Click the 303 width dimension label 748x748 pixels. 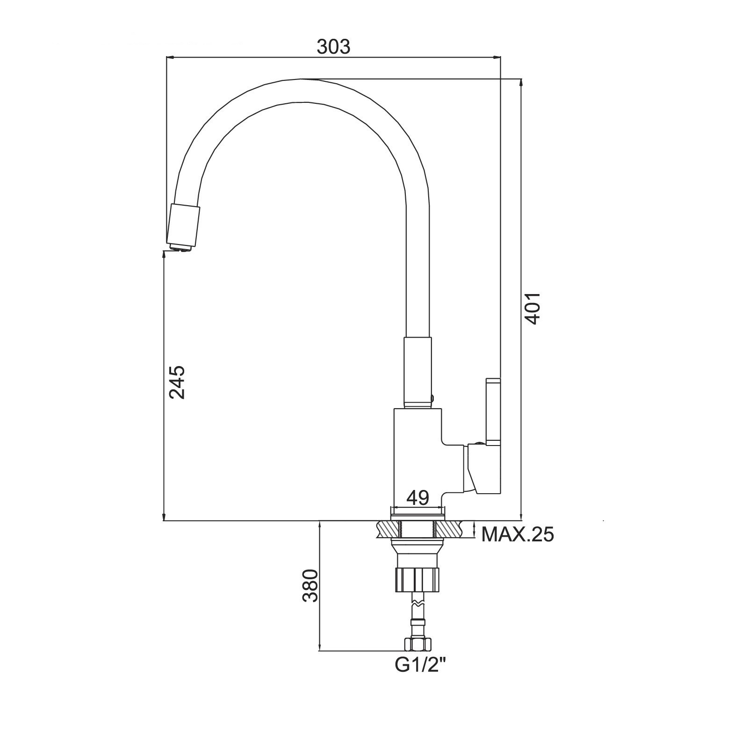click(333, 47)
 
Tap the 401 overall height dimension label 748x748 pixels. click(532, 309)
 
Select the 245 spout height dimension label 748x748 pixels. click(177, 382)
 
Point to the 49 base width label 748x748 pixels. click(417, 498)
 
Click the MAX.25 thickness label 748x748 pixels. click(518, 534)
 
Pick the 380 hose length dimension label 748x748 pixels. click(310, 586)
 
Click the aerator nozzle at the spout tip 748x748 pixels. click(184, 228)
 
